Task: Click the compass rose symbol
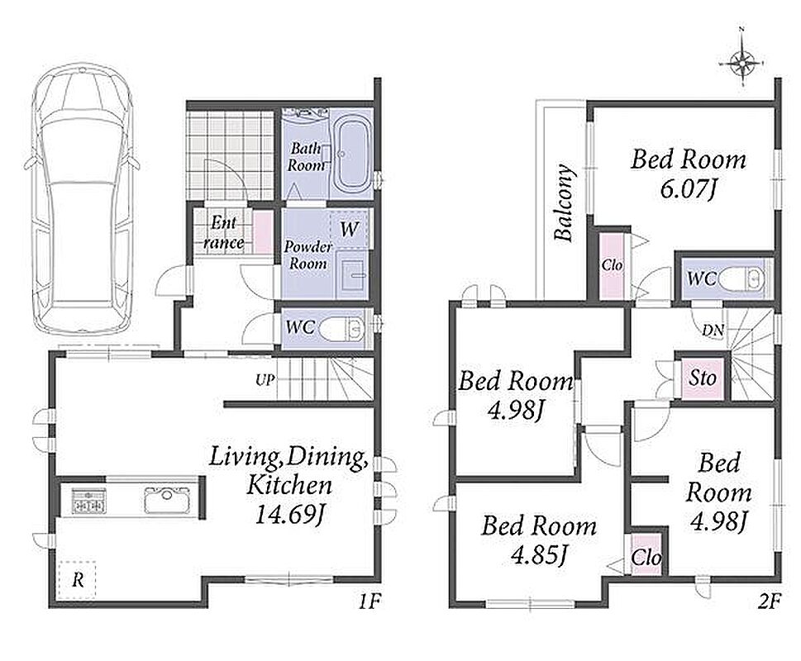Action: [741, 64]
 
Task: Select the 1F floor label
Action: [369, 602]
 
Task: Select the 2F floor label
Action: [770, 602]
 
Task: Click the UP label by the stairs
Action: [265, 380]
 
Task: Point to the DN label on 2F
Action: [713, 330]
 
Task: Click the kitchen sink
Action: [167, 499]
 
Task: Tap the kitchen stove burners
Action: [89, 500]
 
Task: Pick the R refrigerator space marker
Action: [77, 580]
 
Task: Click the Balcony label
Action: [565, 202]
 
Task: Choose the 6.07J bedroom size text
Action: [688, 190]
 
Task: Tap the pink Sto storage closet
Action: [703, 378]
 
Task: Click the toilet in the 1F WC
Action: [342, 328]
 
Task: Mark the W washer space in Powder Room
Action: [350, 229]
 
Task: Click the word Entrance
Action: [223, 233]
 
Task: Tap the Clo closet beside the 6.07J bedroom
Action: [612, 265]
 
